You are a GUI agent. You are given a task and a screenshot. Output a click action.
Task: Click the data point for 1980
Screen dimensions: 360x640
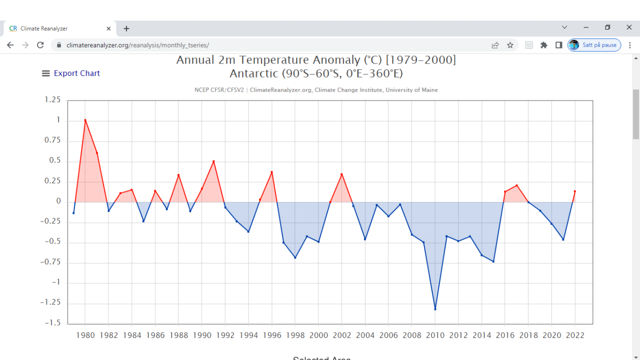(85, 120)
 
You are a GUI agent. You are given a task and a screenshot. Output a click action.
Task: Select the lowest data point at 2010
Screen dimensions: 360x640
(435, 309)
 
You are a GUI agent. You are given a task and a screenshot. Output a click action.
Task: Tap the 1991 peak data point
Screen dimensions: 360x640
(213, 161)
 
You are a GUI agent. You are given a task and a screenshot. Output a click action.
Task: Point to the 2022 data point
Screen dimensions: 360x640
(575, 191)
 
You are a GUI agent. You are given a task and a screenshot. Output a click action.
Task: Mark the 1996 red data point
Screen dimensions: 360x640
(272, 172)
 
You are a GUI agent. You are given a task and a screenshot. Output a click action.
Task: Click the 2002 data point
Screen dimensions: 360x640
(341, 174)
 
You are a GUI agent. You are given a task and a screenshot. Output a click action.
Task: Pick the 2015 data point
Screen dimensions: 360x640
(493, 261)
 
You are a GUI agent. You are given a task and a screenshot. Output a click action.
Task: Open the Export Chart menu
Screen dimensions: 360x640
(71, 73)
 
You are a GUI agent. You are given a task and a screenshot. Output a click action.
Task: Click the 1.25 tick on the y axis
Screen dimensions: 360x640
(52, 99)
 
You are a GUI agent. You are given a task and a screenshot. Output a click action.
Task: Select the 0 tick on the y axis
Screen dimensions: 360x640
(58, 201)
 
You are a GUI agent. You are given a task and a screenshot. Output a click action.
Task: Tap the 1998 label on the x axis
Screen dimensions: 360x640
(295, 335)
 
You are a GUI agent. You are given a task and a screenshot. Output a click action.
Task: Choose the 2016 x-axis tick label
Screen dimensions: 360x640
(505, 335)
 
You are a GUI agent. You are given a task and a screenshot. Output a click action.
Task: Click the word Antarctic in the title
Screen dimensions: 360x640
(253, 73)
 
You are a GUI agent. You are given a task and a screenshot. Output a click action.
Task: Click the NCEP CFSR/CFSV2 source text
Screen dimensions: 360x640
(218, 90)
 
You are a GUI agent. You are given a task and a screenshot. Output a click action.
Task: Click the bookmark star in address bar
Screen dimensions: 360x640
(510, 45)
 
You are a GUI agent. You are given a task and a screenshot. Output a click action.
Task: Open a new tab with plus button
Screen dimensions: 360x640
(126, 28)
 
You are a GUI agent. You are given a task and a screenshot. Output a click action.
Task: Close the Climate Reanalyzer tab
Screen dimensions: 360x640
(108, 28)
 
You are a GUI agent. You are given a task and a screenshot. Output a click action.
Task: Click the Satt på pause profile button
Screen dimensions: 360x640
(594, 45)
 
